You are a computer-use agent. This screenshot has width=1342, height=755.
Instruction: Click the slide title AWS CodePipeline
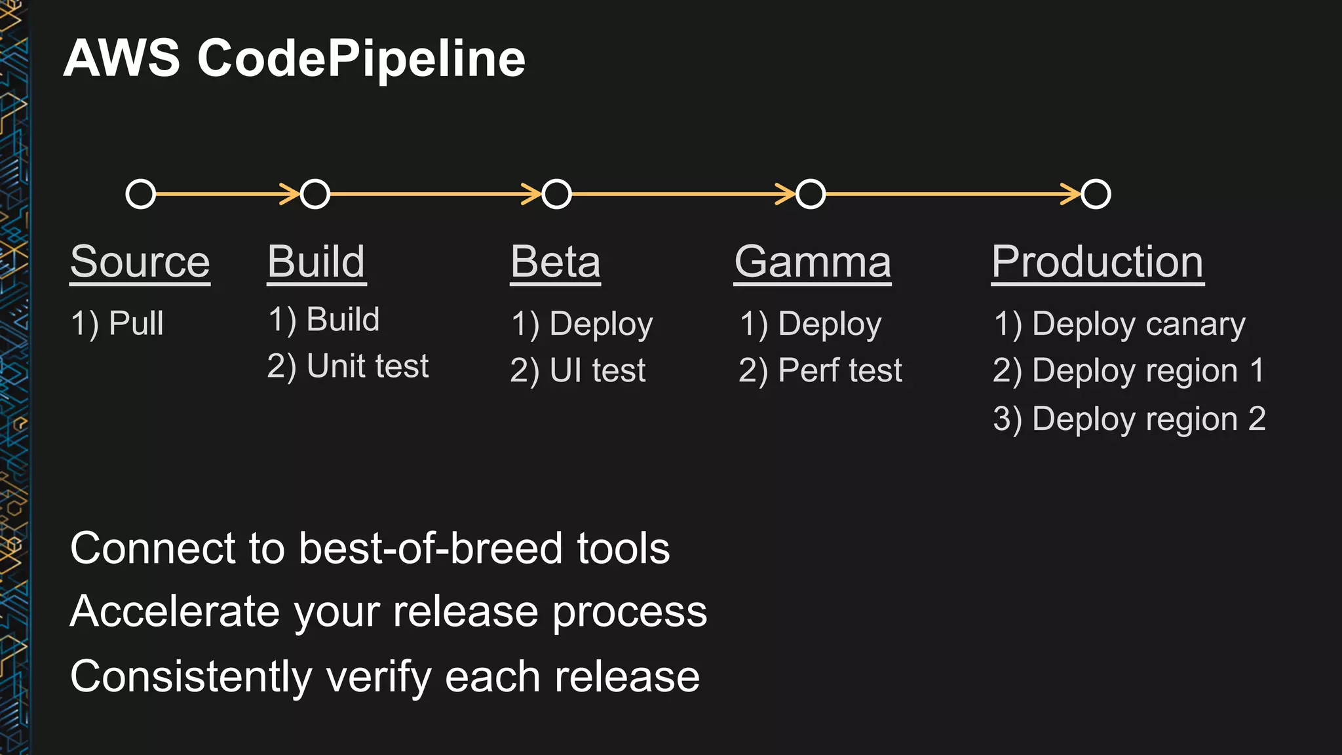(294, 58)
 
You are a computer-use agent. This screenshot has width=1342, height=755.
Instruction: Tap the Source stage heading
(140, 261)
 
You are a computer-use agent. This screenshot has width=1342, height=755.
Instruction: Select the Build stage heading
(316, 261)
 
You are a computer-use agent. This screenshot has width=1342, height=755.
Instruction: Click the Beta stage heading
(555, 261)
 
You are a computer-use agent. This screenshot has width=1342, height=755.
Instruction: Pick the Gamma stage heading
(813, 261)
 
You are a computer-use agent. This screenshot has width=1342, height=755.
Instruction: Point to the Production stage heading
(1097, 261)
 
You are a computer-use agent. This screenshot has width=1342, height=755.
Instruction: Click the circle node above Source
(141, 194)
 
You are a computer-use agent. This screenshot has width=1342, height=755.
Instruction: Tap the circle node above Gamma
(811, 194)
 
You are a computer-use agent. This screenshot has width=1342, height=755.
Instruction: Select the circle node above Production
(1096, 194)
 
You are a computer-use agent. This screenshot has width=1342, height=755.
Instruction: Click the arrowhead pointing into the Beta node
(531, 194)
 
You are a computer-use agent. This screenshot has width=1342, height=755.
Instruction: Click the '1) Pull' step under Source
(117, 323)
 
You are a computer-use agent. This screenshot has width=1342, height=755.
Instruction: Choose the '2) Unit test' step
(347, 366)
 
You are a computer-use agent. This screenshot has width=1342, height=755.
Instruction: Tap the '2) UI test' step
(577, 370)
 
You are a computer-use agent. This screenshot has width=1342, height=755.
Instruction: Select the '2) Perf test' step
(820, 370)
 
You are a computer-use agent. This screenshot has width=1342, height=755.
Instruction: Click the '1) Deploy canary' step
(1119, 324)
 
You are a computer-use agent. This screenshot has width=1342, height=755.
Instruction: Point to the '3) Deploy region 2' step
(1129, 419)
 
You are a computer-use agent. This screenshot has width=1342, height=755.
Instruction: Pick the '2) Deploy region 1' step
(1128, 370)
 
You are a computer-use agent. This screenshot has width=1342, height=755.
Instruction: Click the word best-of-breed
(431, 548)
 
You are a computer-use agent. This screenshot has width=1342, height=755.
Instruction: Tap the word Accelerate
(175, 611)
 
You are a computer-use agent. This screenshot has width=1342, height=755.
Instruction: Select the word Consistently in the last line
(191, 676)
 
